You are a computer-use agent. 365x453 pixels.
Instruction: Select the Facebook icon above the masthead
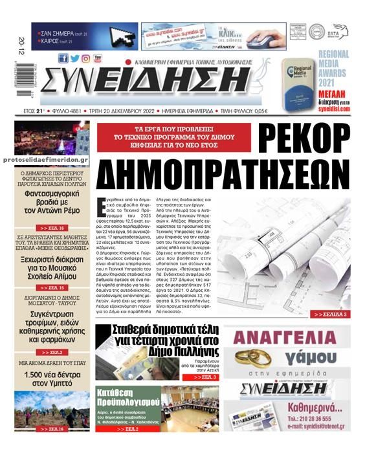coord(63,58)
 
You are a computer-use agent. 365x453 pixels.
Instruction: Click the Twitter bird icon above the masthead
coord(74,58)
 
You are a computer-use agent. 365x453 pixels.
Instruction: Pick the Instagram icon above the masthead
coord(85,58)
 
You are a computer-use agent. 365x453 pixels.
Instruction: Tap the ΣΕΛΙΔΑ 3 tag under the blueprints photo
coord(331,314)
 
